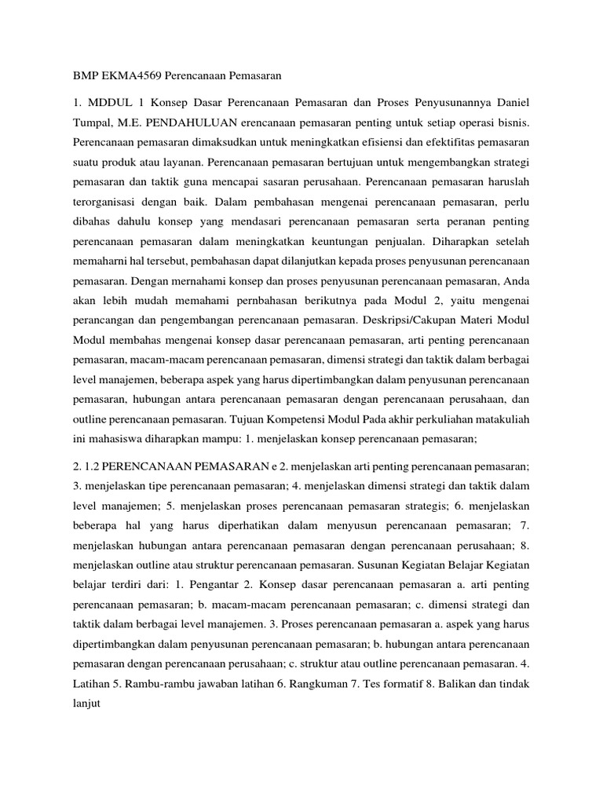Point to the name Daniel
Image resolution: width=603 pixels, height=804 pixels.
[510, 104]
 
